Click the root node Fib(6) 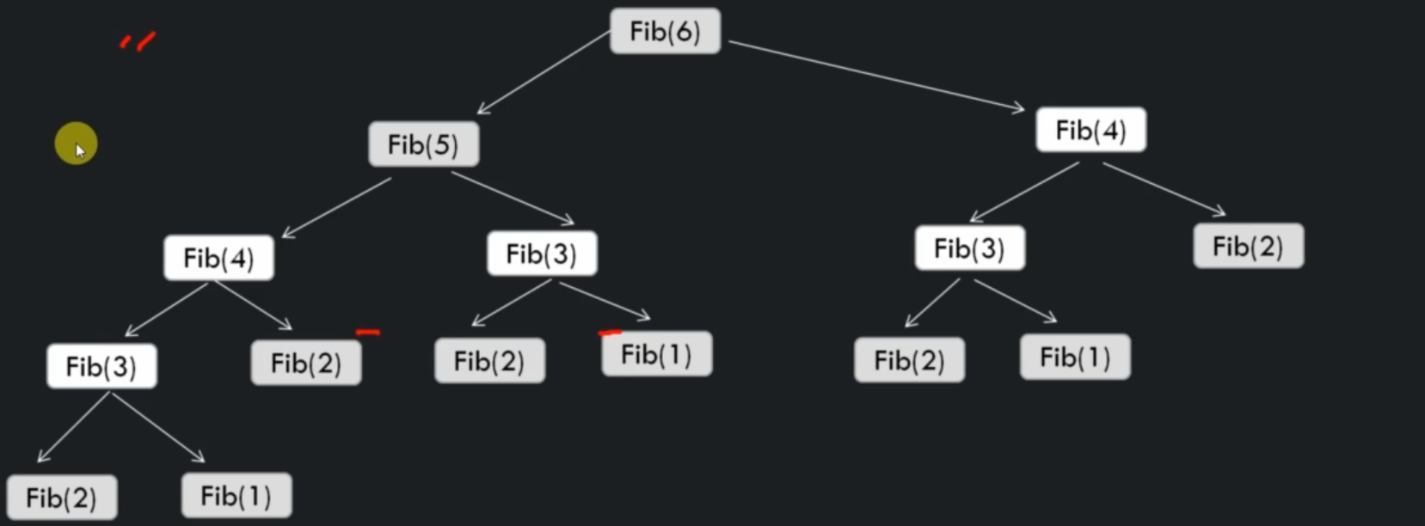pyautogui.click(x=665, y=31)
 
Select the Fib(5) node pyautogui.click(x=424, y=144)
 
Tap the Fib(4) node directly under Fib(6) pyautogui.click(x=1091, y=131)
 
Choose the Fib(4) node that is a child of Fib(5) pyautogui.click(x=218, y=258)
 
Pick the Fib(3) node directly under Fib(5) pyautogui.click(x=542, y=254)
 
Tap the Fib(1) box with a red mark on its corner pyautogui.click(x=657, y=354)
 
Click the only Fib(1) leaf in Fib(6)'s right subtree pyautogui.click(x=1075, y=358)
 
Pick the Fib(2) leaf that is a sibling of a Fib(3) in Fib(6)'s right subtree pyautogui.click(x=1249, y=246)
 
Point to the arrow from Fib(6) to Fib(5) pyautogui.click(x=544, y=72)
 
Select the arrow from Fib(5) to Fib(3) pyautogui.click(x=513, y=198)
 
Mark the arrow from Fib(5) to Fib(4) pyautogui.click(x=336, y=208)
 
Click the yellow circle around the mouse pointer pyautogui.click(x=76, y=144)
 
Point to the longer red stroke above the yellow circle pyautogui.click(x=146, y=41)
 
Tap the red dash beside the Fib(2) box pyautogui.click(x=368, y=332)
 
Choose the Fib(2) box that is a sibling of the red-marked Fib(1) pyautogui.click(x=490, y=361)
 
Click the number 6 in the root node pyautogui.click(x=681, y=31)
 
